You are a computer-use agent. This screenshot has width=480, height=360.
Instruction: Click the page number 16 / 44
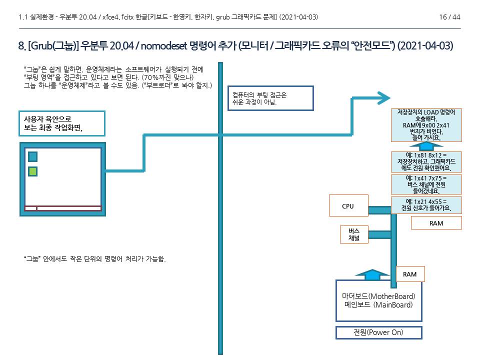coord(449,17)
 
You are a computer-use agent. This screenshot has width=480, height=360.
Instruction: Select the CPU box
coord(348,205)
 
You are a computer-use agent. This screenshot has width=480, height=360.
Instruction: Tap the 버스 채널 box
coord(354,234)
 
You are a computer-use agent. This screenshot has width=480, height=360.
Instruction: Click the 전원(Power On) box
coord(378,332)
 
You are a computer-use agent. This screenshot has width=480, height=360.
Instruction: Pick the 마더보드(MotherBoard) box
coord(378,300)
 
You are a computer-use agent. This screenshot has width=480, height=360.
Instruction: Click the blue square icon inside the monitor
coord(32,156)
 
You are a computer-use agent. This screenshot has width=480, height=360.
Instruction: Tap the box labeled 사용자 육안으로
coord(61,123)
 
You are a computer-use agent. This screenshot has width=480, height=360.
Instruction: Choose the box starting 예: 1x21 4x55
coord(426,204)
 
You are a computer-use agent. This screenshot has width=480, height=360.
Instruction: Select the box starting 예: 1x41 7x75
coord(426,184)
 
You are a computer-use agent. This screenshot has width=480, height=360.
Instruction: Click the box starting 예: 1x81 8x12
coord(426,161)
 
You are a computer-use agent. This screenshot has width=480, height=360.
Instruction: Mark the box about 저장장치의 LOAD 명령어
coord(426,124)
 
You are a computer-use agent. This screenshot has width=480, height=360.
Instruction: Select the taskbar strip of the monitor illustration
coord(62,208)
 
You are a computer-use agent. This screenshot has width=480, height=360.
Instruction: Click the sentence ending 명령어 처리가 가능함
coord(94,259)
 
